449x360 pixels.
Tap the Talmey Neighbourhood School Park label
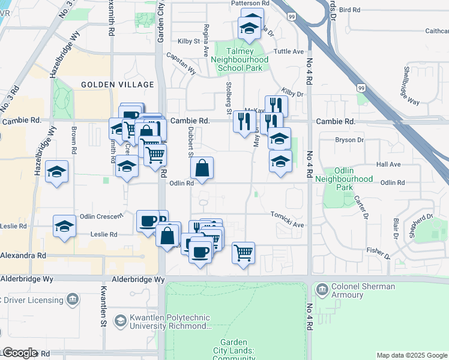click(240, 60)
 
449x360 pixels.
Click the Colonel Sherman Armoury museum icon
click(322, 291)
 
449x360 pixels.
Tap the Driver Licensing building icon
click(73, 299)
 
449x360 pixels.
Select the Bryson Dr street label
click(349, 140)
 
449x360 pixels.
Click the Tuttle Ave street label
click(289, 52)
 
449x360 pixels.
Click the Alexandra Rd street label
click(23, 255)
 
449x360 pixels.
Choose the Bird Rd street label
click(349, 10)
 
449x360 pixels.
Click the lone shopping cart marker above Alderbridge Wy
click(243, 253)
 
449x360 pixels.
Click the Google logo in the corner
click(20, 353)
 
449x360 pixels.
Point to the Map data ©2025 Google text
click(411, 355)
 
